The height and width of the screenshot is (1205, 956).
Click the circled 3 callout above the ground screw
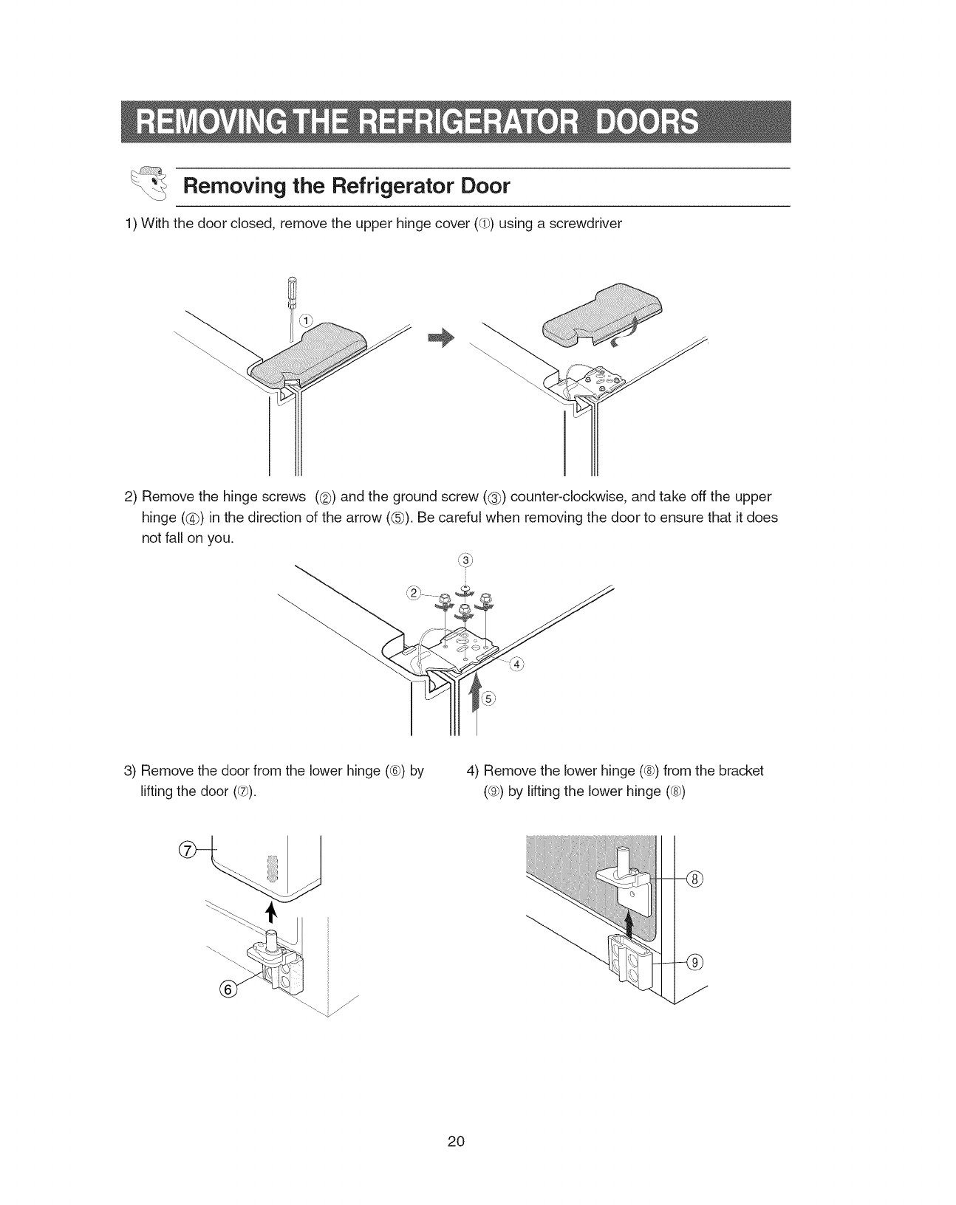click(x=465, y=558)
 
